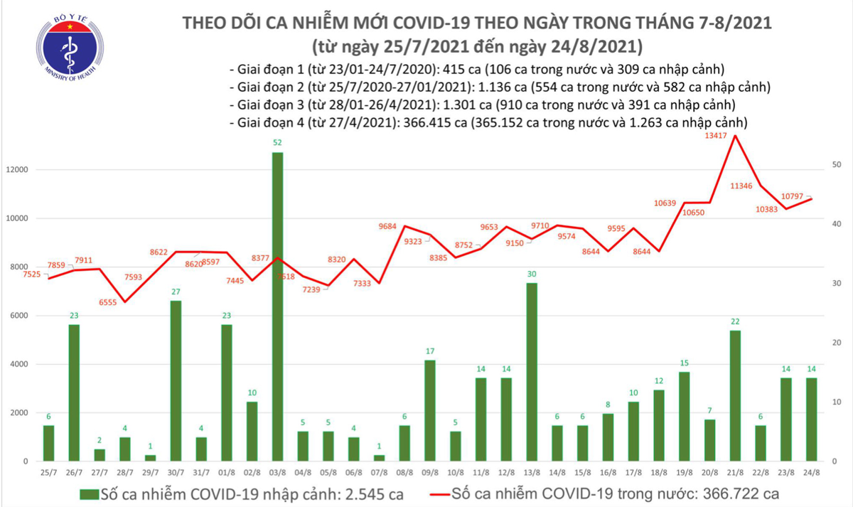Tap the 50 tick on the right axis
[837, 164]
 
